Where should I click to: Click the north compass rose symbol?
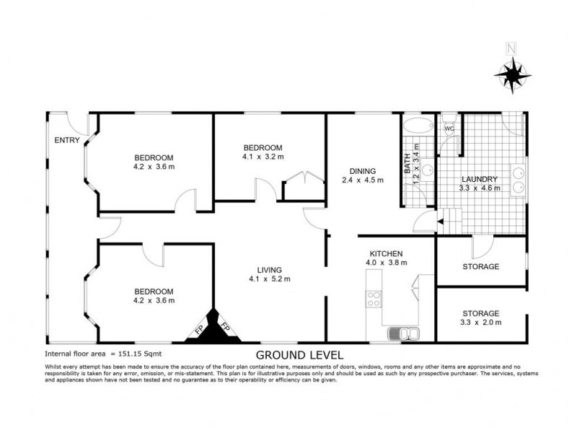[513, 74]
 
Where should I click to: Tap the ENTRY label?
[68, 140]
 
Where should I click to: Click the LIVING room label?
[265, 270]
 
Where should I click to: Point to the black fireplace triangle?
[213, 328]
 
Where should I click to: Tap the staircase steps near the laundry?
[451, 218]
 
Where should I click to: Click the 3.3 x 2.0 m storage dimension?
[480, 322]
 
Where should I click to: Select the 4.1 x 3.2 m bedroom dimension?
[263, 155]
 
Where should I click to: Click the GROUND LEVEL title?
[300, 354]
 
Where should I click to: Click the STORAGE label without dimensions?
[480, 266]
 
